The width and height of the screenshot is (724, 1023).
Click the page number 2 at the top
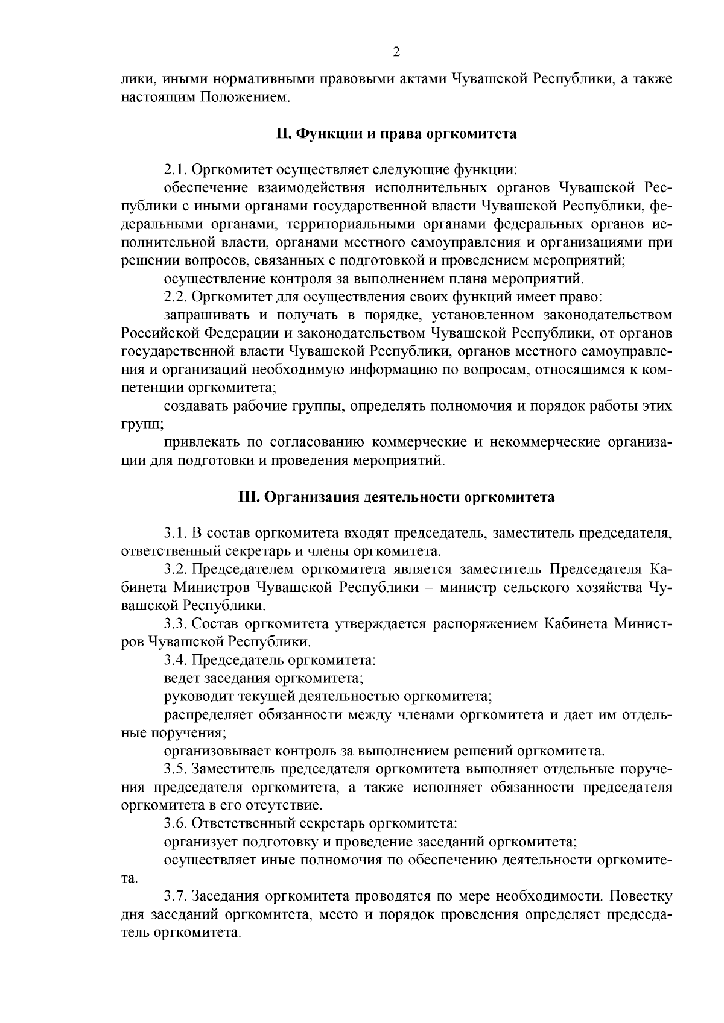pyautogui.click(x=396, y=52)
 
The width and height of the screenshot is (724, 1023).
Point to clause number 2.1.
pyautogui.click(x=175, y=170)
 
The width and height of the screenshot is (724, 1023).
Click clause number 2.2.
pyautogui.click(x=175, y=297)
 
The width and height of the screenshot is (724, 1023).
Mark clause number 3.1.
pyautogui.click(x=175, y=534)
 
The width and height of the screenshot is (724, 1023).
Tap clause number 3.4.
pyautogui.click(x=175, y=660)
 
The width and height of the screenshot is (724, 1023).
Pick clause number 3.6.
pyautogui.click(x=175, y=823)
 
